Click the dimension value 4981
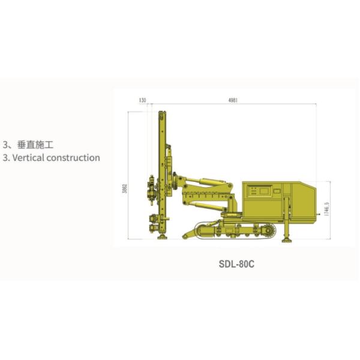point(233,100)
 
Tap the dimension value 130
point(142,100)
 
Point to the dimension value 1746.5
point(327,211)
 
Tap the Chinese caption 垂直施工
point(37,145)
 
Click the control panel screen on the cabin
point(264,191)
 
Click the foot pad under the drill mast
point(162,238)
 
